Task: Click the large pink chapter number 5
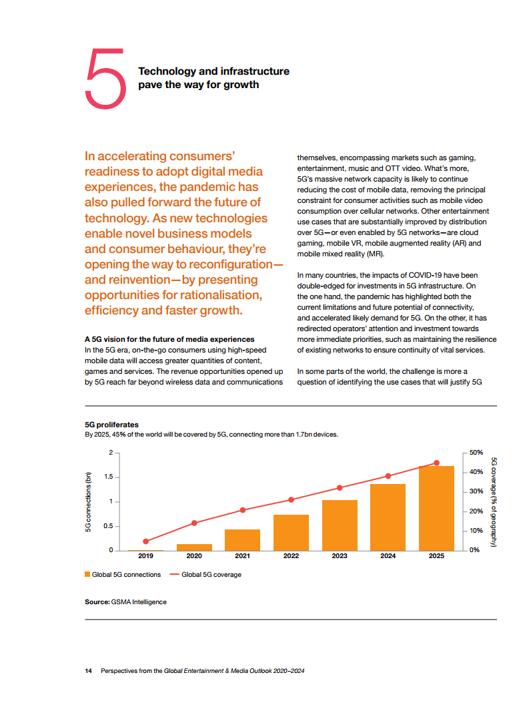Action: (x=105, y=79)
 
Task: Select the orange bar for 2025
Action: (x=436, y=508)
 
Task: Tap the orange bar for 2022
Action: (x=291, y=532)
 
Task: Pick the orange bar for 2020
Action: (x=194, y=547)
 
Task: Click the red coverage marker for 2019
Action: (x=145, y=541)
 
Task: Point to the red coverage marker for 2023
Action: (x=340, y=488)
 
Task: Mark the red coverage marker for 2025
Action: (x=436, y=463)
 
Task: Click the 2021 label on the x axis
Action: (x=243, y=556)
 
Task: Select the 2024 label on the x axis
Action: (x=388, y=556)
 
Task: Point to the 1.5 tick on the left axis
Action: (x=109, y=477)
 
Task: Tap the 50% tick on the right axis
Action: (x=476, y=453)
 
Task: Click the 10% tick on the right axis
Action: (x=476, y=531)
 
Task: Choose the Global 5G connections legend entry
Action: (x=123, y=575)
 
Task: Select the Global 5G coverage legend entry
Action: (x=206, y=575)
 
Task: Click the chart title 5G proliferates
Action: (x=112, y=425)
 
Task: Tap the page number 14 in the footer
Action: (x=88, y=671)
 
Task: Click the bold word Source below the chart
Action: (x=97, y=602)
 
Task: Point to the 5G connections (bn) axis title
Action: (x=88, y=502)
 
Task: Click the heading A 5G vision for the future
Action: (x=169, y=339)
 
